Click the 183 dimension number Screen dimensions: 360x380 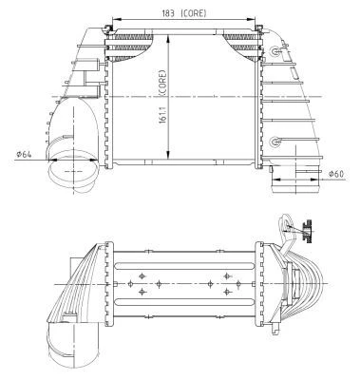tap(168, 13)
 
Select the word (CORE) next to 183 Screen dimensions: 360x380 tap(194, 13)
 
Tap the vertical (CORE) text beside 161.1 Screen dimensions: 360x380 tap(162, 83)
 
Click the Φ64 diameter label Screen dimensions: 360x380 tap(24, 154)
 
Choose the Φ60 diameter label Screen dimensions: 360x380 tap(335, 173)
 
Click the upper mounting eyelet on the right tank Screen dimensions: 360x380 tap(275, 51)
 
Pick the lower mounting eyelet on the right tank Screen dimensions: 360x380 tap(275, 142)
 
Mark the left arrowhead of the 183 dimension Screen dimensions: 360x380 tap(116, 20)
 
